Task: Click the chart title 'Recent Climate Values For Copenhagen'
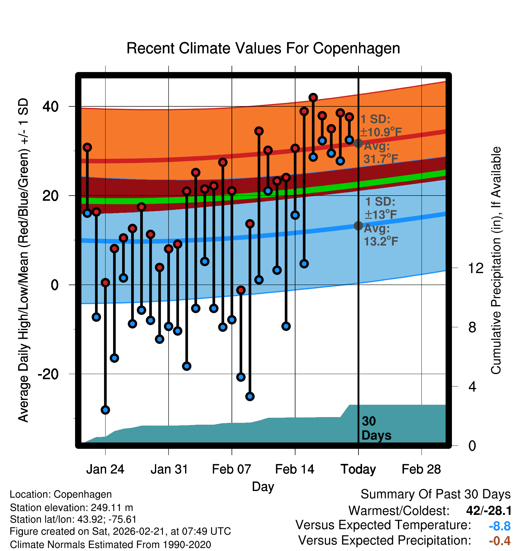(263, 48)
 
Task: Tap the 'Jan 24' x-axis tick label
(105, 469)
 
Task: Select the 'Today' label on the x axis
(358, 469)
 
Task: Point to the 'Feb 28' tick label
(421, 469)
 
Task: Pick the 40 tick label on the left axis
(50, 106)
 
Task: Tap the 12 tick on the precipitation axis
(475, 268)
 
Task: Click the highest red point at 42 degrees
(313, 97)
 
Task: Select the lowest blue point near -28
(105, 410)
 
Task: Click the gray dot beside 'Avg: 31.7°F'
(358, 143)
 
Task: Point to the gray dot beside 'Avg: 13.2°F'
(358, 225)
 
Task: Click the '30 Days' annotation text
(376, 428)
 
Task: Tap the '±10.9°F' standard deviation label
(381, 132)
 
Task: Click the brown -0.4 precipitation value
(500, 541)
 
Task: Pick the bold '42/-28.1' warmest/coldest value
(489, 511)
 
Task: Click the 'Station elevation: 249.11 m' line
(71, 508)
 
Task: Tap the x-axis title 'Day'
(263, 486)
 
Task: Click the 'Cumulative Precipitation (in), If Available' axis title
(496, 261)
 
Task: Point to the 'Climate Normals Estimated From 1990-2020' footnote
(110, 545)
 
